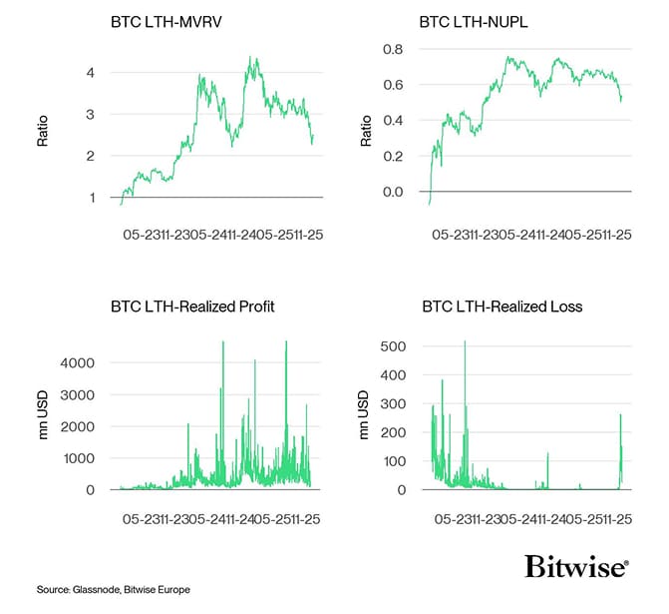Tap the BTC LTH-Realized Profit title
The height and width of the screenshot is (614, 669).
(193, 307)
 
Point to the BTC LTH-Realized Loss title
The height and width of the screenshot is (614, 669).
(502, 307)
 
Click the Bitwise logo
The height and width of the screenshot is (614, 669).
(576, 567)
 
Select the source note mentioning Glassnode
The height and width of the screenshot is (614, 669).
(114, 590)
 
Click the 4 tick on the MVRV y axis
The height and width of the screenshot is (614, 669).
(93, 73)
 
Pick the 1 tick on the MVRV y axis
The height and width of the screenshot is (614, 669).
(93, 198)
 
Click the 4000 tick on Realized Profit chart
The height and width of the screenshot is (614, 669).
(81, 363)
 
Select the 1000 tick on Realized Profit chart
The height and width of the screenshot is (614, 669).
(81, 458)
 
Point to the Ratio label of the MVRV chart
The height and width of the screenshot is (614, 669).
(43, 133)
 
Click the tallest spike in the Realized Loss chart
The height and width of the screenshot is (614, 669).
(465, 342)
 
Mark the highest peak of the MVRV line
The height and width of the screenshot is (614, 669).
(254, 58)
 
